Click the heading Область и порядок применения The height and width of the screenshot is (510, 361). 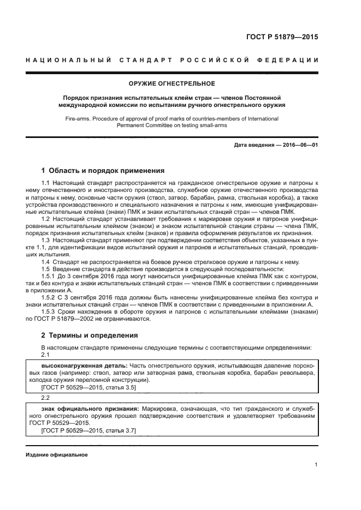click(x=106, y=170)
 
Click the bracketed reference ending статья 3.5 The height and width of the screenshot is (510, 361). click(x=88, y=387)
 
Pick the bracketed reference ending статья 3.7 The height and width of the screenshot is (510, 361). click(x=88, y=430)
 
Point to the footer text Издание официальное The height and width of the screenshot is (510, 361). click(x=57, y=454)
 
